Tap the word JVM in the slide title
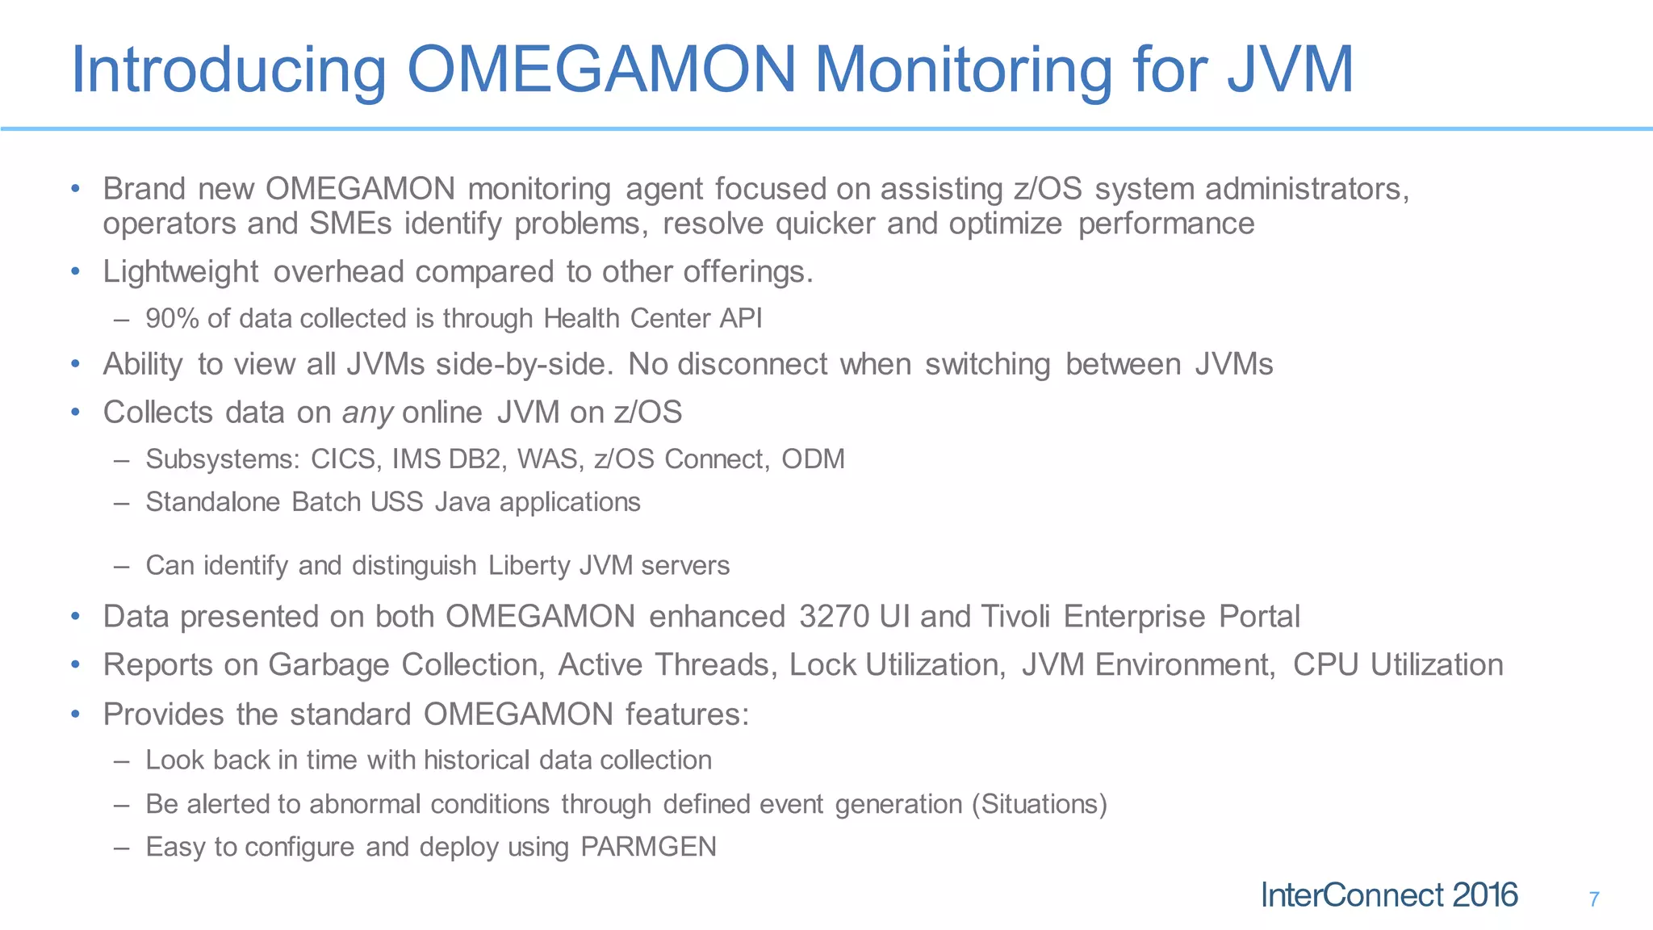coord(1290,69)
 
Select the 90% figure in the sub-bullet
coord(172,319)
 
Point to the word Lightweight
coord(181,272)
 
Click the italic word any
coord(367,413)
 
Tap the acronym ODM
coord(813,459)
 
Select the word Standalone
coord(212,502)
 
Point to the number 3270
coord(835,617)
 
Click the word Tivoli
coord(1015,617)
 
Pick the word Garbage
coord(329,665)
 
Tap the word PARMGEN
coord(648,847)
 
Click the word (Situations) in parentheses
coord(1040,804)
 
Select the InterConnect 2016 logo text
coord(1389,895)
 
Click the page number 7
coord(1594,899)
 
